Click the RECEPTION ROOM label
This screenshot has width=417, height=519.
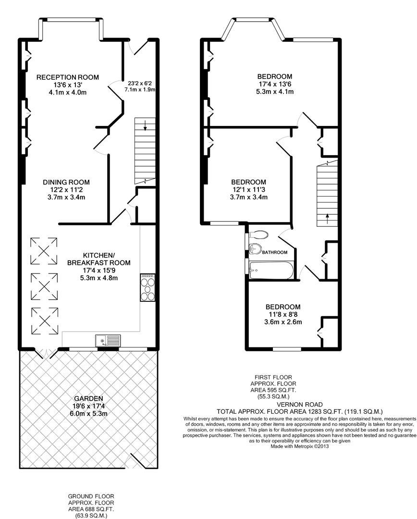[x=68, y=77]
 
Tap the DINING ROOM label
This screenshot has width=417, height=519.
[x=66, y=182]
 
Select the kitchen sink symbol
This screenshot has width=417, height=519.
[x=108, y=340]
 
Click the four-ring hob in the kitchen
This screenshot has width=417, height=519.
[x=148, y=287]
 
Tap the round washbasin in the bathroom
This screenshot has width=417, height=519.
[x=255, y=248]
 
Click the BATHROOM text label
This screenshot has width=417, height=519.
[x=275, y=252]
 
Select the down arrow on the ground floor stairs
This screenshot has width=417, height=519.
[x=145, y=125]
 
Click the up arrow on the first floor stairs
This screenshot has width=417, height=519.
[x=327, y=219]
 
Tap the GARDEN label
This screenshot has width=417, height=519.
[x=88, y=398]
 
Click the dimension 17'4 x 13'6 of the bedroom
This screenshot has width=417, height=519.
[x=275, y=84]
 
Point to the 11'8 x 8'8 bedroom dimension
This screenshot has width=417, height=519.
[x=283, y=314]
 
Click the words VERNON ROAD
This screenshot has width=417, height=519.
[x=299, y=405]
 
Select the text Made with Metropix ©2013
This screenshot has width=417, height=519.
[x=299, y=446]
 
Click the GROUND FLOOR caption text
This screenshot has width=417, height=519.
[x=91, y=496]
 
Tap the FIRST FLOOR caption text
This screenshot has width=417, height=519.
[x=273, y=377]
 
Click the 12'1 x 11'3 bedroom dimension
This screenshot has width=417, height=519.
[x=248, y=190]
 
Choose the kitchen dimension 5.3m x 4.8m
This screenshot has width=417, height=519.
[x=99, y=278]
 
